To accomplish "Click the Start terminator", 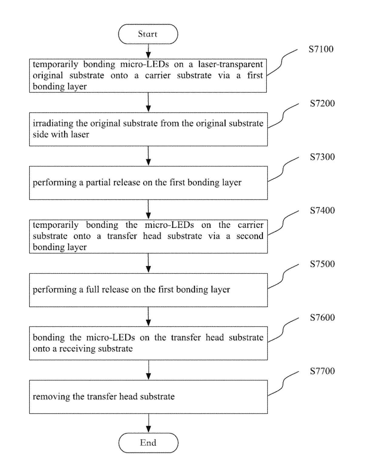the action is click(148, 34).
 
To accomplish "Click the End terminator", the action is click(148, 443).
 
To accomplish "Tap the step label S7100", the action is click(321, 49).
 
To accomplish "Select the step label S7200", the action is click(322, 103).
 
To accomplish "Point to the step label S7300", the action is click(322, 157).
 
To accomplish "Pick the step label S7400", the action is click(322, 211).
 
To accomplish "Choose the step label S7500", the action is click(322, 264).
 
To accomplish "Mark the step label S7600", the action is click(322, 318).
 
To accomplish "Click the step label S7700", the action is click(322, 371).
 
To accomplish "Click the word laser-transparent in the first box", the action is click(230, 64).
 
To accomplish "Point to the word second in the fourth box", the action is click(250, 236).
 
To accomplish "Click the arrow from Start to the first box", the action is click(148, 51).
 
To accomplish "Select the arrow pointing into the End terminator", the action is click(149, 423).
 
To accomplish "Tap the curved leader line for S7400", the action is click(283, 223).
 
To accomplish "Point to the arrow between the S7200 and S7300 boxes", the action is click(148, 156).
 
